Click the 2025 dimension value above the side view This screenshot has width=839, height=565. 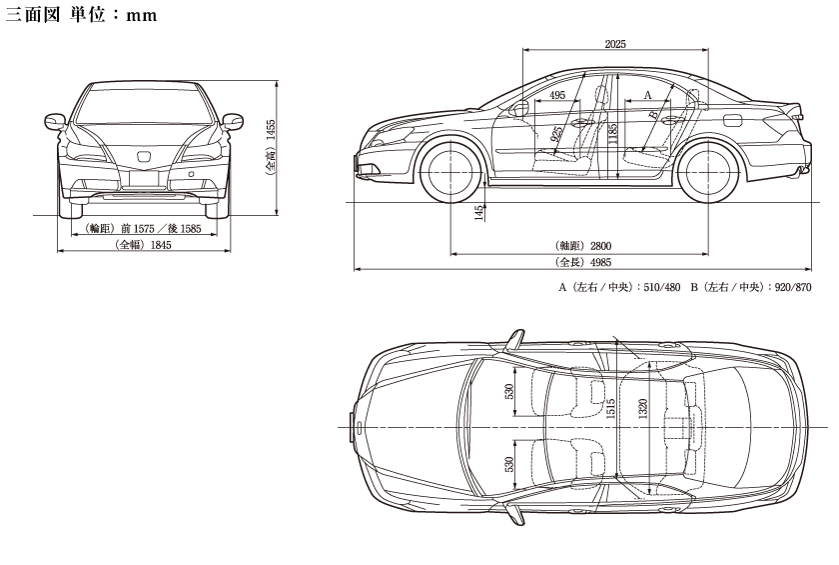click(615, 44)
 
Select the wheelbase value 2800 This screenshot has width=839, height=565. click(600, 245)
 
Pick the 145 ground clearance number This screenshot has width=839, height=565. click(479, 212)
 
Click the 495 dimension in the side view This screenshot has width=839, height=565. click(557, 95)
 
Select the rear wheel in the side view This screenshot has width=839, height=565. click(712, 170)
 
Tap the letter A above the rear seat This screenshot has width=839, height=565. click(647, 94)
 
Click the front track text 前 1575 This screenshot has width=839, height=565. click(139, 228)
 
